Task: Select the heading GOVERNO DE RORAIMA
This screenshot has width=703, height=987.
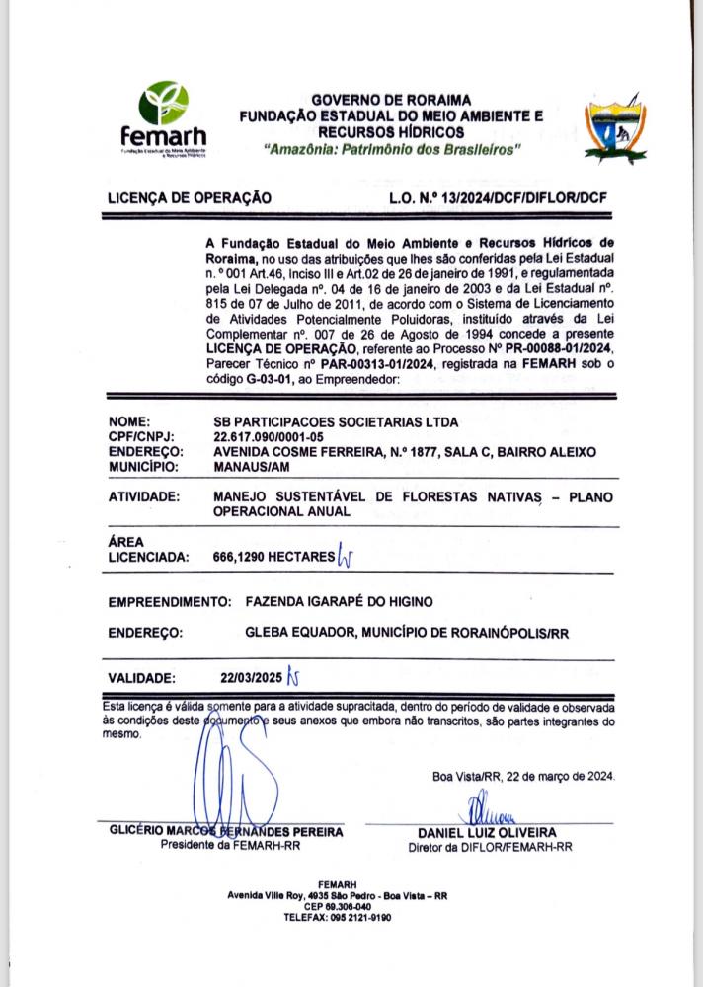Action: click(x=391, y=101)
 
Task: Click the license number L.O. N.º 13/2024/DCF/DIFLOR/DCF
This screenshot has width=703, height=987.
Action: click(x=498, y=197)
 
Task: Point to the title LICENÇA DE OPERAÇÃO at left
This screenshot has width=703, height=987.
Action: click(x=190, y=197)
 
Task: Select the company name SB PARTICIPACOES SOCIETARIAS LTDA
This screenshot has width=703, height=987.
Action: click(x=336, y=421)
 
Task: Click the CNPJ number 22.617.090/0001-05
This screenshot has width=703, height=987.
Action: click(x=268, y=436)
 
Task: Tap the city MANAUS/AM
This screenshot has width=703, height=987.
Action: click(x=252, y=465)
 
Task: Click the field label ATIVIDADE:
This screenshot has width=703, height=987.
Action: click(x=143, y=496)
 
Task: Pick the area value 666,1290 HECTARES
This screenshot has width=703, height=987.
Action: click(x=273, y=557)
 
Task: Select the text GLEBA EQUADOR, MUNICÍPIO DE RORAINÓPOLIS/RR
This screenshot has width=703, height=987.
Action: click(x=408, y=633)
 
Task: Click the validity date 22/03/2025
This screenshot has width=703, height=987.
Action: click(x=251, y=678)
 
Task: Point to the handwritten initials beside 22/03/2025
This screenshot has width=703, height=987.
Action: click(x=292, y=678)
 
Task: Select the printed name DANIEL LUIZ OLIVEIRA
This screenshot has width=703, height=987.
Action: click(x=487, y=833)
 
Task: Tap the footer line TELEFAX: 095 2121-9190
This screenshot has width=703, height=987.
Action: click(x=338, y=917)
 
